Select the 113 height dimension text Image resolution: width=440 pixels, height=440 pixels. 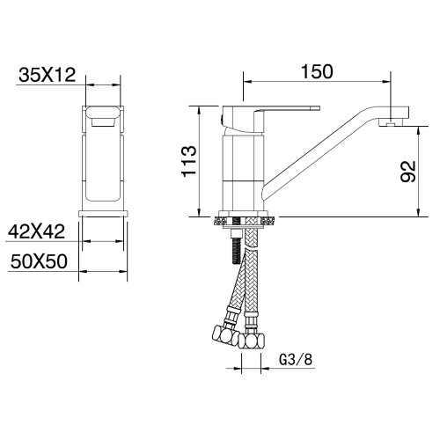point(187,161)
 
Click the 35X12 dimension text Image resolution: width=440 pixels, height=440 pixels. point(45,76)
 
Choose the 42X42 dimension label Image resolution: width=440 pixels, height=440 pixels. point(37,233)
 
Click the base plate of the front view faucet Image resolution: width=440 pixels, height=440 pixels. point(103,212)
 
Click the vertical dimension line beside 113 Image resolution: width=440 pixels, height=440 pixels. point(202,161)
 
